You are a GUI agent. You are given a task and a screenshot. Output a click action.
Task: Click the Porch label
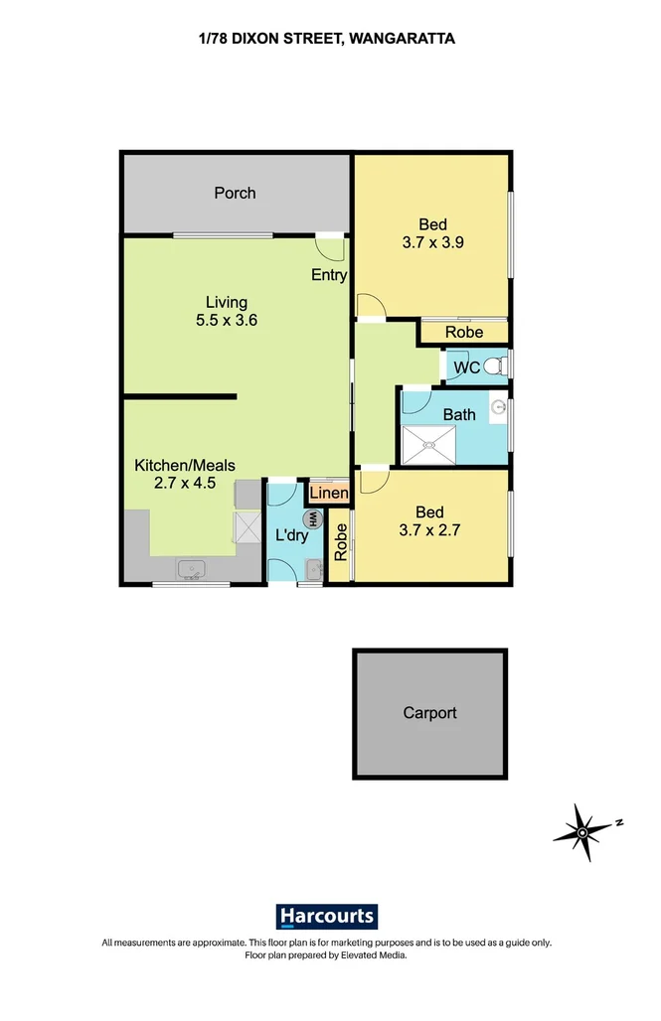click(235, 193)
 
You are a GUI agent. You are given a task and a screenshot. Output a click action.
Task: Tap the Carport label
click(429, 712)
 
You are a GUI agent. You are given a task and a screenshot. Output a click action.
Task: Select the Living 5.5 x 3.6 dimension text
click(227, 320)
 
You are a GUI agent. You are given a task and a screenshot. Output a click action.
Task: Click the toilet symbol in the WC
click(500, 366)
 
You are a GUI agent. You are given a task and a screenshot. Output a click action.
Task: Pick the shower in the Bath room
click(428, 444)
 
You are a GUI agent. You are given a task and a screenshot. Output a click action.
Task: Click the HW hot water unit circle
click(312, 518)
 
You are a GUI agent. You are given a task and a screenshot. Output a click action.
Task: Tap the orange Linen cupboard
click(329, 493)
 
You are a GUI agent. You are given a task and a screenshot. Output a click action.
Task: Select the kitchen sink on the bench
click(191, 569)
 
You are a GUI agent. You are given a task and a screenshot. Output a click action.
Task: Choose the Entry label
click(328, 275)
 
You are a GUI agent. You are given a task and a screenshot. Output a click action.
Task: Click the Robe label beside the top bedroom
click(463, 333)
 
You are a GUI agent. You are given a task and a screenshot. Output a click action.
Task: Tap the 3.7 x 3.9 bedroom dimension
click(430, 242)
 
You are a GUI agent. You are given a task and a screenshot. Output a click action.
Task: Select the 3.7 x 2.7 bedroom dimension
click(429, 529)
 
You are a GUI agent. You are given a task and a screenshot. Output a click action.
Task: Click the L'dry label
click(290, 536)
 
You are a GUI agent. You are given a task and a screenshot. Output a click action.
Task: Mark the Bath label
click(458, 414)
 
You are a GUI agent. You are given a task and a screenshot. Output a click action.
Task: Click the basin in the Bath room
click(497, 406)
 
